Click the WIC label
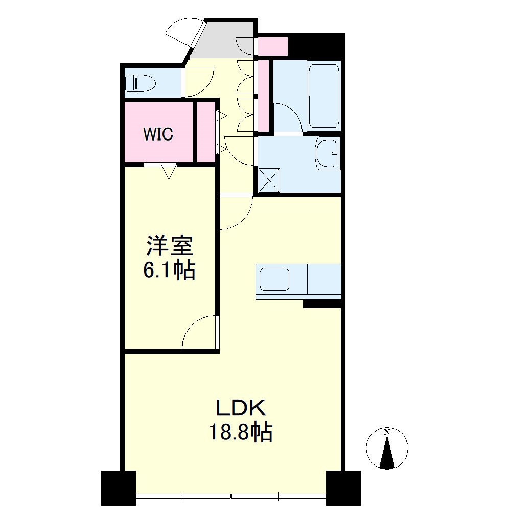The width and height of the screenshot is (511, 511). (158, 133)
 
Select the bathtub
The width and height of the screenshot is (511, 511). (323, 96)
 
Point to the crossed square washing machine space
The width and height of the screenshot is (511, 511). (269, 180)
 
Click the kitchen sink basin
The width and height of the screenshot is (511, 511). (274, 279)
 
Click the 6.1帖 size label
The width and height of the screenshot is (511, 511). (169, 269)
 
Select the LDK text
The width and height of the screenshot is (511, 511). (242, 408)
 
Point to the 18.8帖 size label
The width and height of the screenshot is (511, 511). (241, 431)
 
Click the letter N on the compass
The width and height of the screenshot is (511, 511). (387, 432)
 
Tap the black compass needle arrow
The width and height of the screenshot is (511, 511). (387, 452)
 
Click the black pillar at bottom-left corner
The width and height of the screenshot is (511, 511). (119, 487)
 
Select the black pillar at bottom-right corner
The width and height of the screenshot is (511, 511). (343, 487)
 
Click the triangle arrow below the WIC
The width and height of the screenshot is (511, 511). (169, 172)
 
